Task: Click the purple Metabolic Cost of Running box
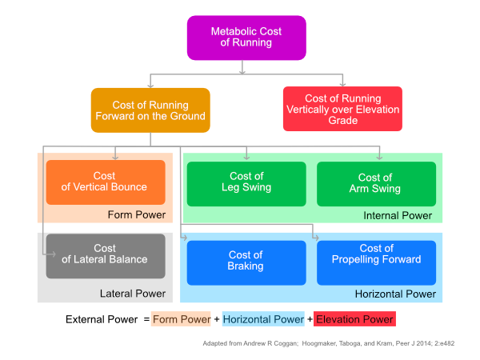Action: pos(246,38)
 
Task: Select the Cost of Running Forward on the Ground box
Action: pos(150,110)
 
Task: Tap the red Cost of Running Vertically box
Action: pos(342,109)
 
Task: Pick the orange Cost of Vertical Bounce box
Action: pos(105,182)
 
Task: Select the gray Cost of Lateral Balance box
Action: pos(105,255)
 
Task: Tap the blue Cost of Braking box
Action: pos(246,261)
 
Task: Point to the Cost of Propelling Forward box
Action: pos(376,260)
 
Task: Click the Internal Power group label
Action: pos(398,215)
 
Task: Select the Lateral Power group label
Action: pos(132,294)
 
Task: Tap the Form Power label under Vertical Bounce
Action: pos(137,214)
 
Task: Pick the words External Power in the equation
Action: pos(101,320)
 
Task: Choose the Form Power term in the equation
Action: pos(181,320)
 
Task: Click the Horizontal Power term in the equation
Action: pos(263,320)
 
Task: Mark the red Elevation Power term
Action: pos(354,320)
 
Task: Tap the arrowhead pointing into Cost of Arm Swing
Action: pos(379,158)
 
